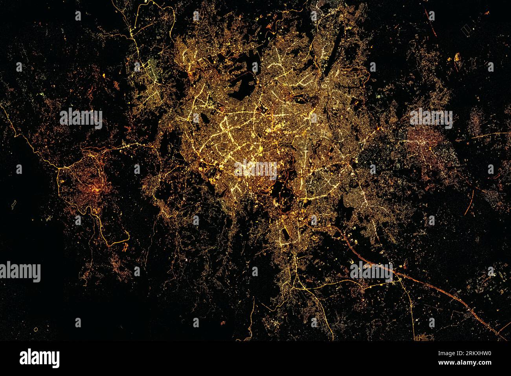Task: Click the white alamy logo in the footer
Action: pos(39,358)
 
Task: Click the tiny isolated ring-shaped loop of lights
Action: pos(36,329)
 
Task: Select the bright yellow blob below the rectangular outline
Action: pos(457,58)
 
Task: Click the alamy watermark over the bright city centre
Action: pos(256,170)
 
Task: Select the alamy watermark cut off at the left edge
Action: pos(20,272)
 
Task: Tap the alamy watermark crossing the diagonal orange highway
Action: pos(371,271)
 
